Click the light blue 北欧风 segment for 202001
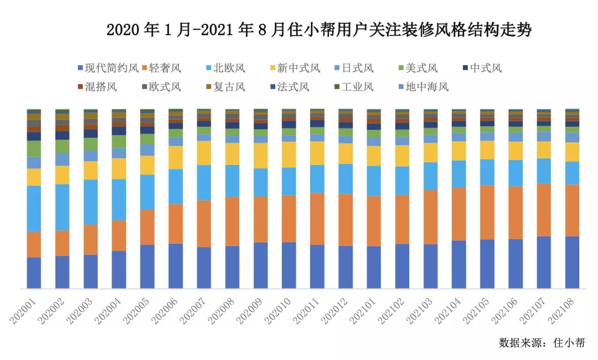point(34,208)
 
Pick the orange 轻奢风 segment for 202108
point(573,210)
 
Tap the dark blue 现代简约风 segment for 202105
point(487,264)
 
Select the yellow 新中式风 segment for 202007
point(204,153)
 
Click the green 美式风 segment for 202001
point(34,148)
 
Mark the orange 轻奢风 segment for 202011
point(317,219)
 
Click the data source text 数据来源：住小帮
point(541,342)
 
